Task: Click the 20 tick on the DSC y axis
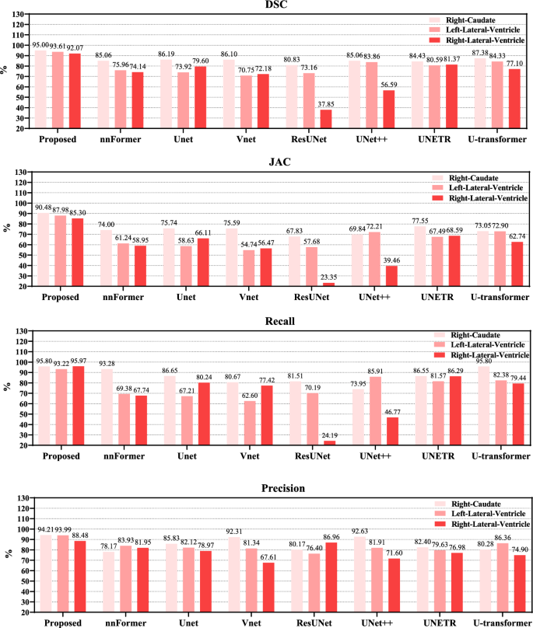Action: tap(24, 128)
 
